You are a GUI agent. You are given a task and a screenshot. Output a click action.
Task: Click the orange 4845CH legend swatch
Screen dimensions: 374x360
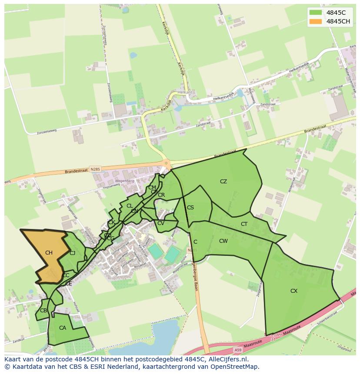pyautogui.click(x=316, y=21)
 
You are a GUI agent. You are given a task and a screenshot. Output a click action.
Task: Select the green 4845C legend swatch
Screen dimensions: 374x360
pyautogui.click(x=316, y=13)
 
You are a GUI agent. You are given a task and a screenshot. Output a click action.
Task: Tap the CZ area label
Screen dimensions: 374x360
pyautogui.click(x=223, y=182)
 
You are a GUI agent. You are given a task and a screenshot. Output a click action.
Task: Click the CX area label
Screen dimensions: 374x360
pyautogui.click(x=294, y=291)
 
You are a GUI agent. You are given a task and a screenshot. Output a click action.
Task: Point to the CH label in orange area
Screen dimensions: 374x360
pyautogui.click(x=49, y=253)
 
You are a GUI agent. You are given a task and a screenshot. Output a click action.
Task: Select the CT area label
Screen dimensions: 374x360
pyautogui.click(x=244, y=224)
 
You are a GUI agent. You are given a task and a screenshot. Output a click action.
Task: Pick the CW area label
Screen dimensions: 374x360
pyautogui.click(x=223, y=241)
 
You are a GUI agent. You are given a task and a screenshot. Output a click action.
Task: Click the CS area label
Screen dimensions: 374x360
pyautogui.click(x=190, y=208)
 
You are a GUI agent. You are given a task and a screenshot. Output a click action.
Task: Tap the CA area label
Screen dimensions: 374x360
pyautogui.click(x=63, y=328)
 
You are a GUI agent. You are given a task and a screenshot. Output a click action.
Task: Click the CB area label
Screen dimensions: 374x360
pyautogui.click(x=43, y=311)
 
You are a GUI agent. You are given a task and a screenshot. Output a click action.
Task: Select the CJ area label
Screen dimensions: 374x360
pyautogui.click(x=73, y=253)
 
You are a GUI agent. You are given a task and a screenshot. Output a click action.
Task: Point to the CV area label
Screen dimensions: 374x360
pyautogui.click(x=160, y=223)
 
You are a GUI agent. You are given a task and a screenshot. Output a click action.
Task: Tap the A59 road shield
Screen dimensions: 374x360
pyautogui.click(x=237, y=350)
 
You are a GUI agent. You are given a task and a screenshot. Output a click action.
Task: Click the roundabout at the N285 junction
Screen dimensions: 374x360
pyautogui.click(x=165, y=163)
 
